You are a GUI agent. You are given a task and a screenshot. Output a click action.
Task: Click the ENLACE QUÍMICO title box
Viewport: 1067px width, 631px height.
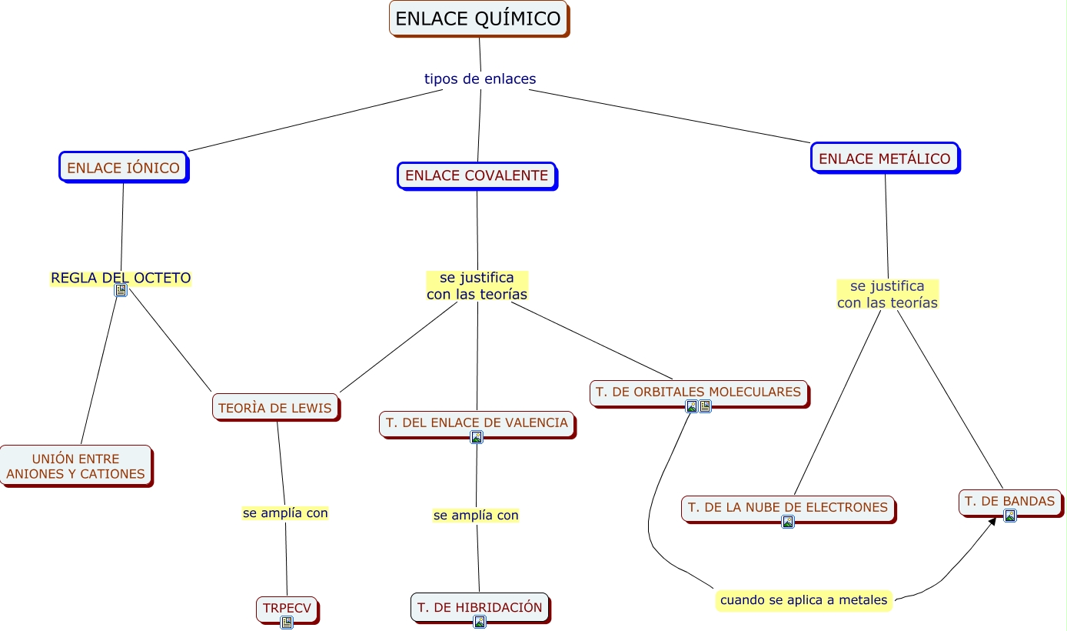tap(477, 18)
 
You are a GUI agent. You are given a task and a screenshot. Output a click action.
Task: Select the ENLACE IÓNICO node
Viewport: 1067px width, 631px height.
tap(123, 167)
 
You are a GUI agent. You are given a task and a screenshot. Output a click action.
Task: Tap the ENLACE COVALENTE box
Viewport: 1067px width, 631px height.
tap(476, 175)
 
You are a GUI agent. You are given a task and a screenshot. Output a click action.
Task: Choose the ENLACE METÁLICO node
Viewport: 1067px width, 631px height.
tap(884, 159)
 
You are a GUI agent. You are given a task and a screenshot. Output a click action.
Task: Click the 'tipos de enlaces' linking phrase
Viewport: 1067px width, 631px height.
tap(480, 78)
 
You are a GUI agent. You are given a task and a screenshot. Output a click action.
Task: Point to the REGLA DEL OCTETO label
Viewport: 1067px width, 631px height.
tap(121, 278)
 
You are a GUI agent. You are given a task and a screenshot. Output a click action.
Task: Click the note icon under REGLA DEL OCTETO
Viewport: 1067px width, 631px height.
tap(121, 290)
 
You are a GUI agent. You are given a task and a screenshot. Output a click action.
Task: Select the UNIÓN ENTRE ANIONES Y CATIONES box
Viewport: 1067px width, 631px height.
tap(75, 466)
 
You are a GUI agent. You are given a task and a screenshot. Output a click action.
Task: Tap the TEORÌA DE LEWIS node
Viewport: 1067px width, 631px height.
tap(274, 407)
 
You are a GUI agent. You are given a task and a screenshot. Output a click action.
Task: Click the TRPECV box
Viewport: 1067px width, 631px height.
tap(287, 608)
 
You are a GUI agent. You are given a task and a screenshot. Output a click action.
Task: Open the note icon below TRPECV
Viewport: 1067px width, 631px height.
tap(287, 622)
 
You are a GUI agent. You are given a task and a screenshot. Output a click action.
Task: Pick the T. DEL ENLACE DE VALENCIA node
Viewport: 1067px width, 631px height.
tap(477, 422)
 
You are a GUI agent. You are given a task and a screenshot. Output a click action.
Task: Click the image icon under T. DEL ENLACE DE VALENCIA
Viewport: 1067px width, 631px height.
tap(477, 437)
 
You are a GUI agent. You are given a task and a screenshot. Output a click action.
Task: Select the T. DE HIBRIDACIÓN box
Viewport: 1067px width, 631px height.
tap(480, 607)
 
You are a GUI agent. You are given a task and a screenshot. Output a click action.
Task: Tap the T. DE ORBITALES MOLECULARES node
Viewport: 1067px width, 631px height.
tap(698, 392)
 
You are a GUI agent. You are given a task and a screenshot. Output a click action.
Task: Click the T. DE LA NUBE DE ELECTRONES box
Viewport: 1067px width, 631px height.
tap(787, 507)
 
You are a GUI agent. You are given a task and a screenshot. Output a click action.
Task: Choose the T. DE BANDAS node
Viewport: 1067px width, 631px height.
tap(1009, 501)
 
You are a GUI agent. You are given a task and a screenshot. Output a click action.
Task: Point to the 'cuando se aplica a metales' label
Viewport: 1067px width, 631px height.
tap(803, 599)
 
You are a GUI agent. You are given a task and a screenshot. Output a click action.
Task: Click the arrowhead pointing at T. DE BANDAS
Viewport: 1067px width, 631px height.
tap(992, 521)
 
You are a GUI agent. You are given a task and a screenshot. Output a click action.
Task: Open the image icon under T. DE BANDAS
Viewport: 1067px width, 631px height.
tap(1010, 516)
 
